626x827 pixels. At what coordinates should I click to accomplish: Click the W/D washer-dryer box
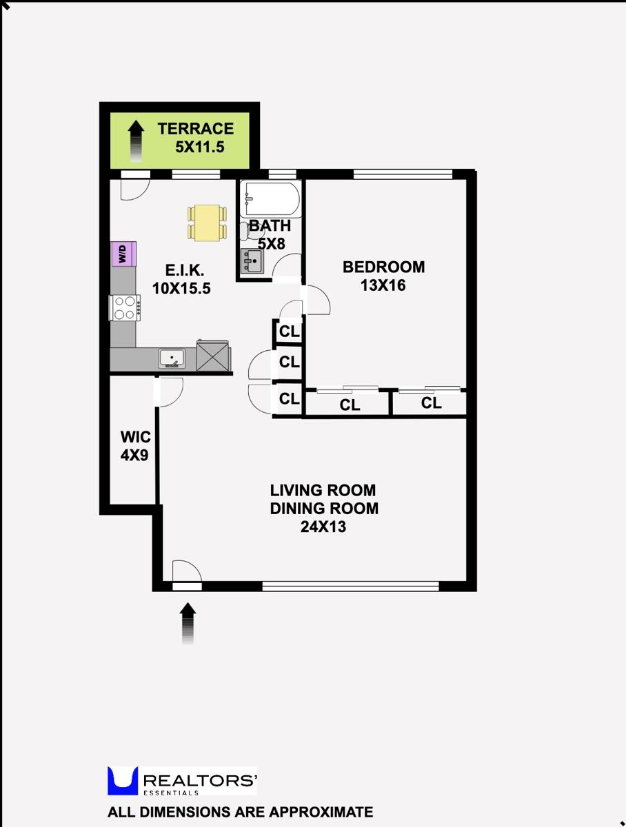click(x=123, y=254)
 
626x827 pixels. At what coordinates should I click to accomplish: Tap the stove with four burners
click(x=125, y=307)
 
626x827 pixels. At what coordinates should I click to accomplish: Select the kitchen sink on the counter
click(x=171, y=358)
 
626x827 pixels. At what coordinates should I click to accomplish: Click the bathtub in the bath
click(x=270, y=199)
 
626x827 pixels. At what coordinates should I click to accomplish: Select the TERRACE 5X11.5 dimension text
click(x=200, y=146)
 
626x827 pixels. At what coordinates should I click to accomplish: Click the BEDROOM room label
click(x=384, y=267)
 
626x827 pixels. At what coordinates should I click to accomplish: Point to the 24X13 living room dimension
click(x=323, y=528)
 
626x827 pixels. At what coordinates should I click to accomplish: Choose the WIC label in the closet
click(x=135, y=437)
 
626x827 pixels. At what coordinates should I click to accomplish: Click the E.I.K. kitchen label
click(x=181, y=270)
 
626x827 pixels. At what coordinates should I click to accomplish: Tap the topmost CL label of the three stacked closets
click(x=290, y=332)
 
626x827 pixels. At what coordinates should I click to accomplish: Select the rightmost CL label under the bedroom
click(x=431, y=403)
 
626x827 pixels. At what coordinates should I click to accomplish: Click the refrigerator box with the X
click(x=214, y=356)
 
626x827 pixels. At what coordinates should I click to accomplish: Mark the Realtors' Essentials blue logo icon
click(x=123, y=781)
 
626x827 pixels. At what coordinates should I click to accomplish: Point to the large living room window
click(x=350, y=586)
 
